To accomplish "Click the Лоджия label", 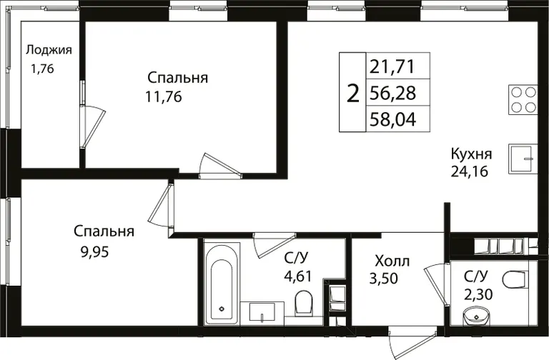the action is [x=49, y=51].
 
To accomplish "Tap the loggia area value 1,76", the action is [x=42, y=69].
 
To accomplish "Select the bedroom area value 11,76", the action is [x=164, y=96].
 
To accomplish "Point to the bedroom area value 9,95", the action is [x=95, y=251].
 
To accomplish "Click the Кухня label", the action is [x=471, y=154].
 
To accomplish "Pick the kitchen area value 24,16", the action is [x=469, y=171].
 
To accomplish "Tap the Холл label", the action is [x=392, y=261].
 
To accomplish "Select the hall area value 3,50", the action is [x=384, y=279].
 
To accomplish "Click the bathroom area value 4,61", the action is [x=297, y=276].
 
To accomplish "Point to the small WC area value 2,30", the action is [x=478, y=294].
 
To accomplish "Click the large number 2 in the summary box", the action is [x=353, y=94].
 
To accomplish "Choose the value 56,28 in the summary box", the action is [x=392, y=93].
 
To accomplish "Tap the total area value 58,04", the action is [x=393, y=120].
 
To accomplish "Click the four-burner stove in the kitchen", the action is [x=523, y=99].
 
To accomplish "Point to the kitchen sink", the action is [x=523, y=159].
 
